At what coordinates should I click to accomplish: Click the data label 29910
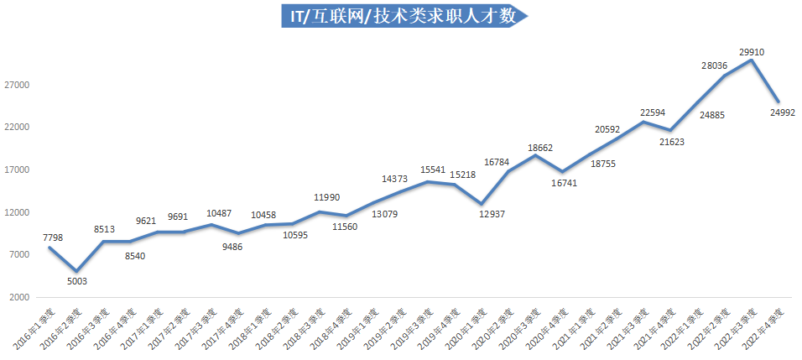tap(752, 52)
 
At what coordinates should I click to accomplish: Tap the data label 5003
tap(77, 281)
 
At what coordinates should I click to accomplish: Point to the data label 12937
tap(492, 215)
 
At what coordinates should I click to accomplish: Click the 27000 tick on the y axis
tap(17, 85)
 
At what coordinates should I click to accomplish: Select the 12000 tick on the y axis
tap(17, 213)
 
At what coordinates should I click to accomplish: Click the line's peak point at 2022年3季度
tap(752, 60)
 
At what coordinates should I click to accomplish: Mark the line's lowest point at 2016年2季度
tap(77, 271)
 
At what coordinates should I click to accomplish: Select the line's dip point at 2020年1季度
tap(482, 204)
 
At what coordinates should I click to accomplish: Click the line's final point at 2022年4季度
tap(779, 102)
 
